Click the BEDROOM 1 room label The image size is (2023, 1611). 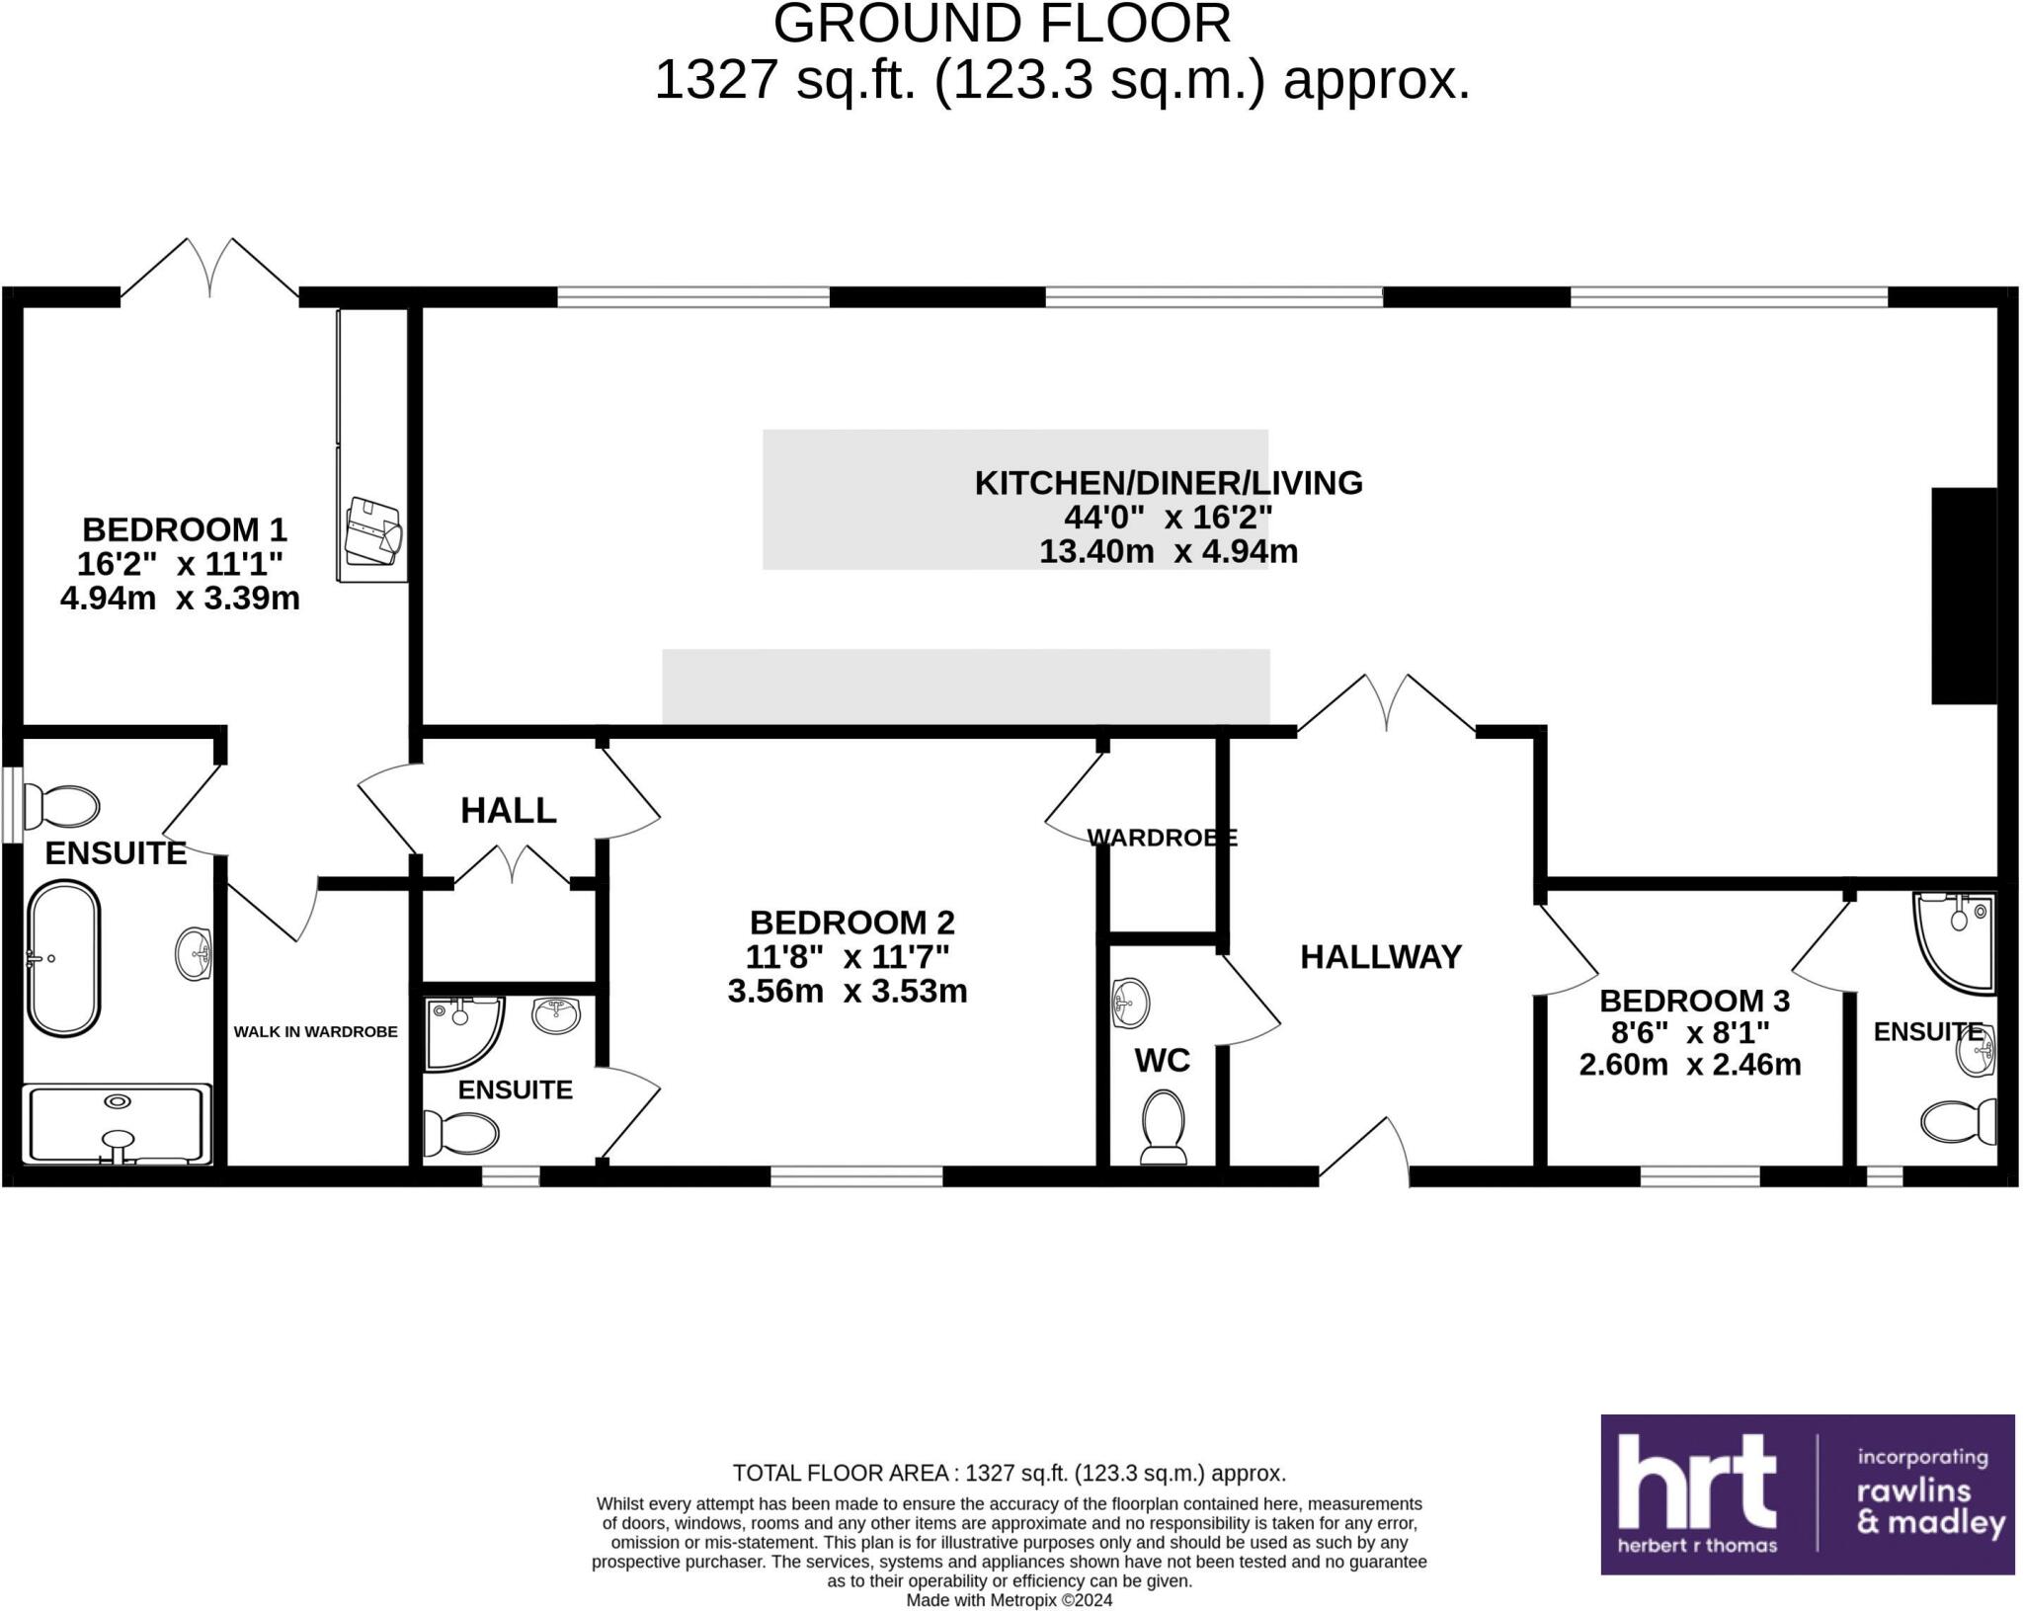pos(184,530)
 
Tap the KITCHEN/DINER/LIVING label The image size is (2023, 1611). pos(1168,483)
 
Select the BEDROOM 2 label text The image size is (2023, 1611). pos(851,923)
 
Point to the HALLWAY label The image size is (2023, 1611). pos(1380,956)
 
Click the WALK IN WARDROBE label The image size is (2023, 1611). pos(315,1032)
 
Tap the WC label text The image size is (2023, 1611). pos(1162,1061)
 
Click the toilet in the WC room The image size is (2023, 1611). pos(1163,1126)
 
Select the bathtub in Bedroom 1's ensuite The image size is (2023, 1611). pos(63,958)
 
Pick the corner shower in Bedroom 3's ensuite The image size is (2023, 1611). pos(1953,939)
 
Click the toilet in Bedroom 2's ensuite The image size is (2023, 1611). pos(460,1133)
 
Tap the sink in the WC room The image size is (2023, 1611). pos(1130,1003)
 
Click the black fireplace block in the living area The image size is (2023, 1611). pos(1964,596)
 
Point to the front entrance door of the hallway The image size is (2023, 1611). pos(1364,1151)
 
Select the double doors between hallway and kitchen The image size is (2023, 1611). pos(1386,703)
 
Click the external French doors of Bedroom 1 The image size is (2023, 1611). pos(209,267)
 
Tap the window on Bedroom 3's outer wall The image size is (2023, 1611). pos(1700,1176)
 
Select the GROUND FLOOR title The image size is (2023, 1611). pos(1002,24)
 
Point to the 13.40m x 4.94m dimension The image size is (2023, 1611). pos(1168,551)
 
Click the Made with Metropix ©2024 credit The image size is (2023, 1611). pos(1009,1600)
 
